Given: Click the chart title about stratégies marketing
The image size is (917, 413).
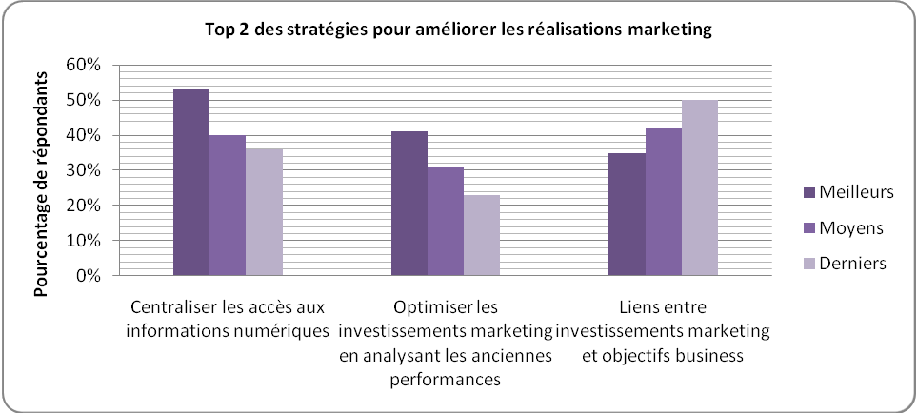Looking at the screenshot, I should pos(458,30).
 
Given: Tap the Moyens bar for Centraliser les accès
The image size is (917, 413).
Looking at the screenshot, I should pos(228,206).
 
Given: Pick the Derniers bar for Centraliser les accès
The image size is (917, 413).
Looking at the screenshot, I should pos(264,212).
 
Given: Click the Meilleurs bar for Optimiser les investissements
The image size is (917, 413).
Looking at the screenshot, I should pos(409,204).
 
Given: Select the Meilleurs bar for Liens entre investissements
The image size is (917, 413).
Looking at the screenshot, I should pos(628,214).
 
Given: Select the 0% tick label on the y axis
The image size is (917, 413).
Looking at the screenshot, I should pos(87,276).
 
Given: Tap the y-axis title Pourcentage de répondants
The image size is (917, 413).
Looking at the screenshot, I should pos(43,170).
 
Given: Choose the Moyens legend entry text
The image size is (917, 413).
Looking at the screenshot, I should pos(849,228).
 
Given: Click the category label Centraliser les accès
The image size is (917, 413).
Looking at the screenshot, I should pos(228,319).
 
